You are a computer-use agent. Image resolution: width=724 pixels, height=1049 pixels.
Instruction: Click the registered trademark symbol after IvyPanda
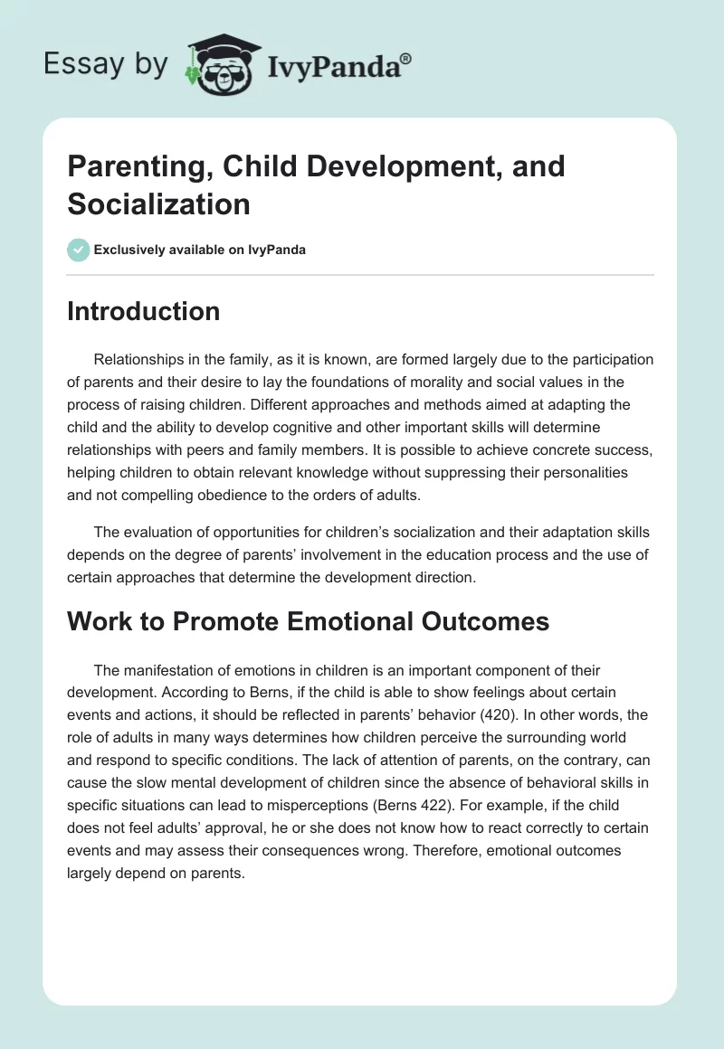(406, 59)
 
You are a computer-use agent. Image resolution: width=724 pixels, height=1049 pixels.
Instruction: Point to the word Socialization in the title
(158, 203)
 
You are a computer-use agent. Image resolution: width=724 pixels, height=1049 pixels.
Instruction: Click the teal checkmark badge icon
(79, 250)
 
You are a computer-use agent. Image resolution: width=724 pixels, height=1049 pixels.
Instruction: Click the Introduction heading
(144, 312)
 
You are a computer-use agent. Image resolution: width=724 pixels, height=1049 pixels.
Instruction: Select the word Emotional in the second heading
(329, 622)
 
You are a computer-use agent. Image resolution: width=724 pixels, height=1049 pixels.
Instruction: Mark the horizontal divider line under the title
(360, 275)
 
